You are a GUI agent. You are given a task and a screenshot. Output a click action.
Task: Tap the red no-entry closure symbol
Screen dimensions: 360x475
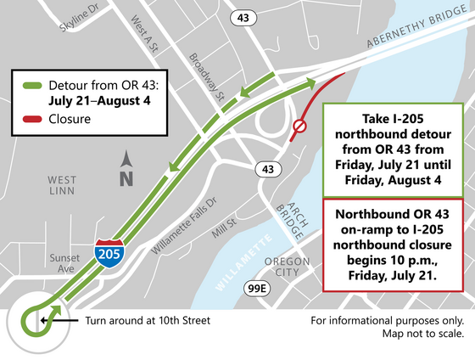(299, 128)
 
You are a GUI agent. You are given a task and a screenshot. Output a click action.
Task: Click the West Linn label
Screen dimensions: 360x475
(63, 187)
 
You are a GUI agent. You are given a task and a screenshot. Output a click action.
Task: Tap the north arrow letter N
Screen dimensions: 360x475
(126, 178)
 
